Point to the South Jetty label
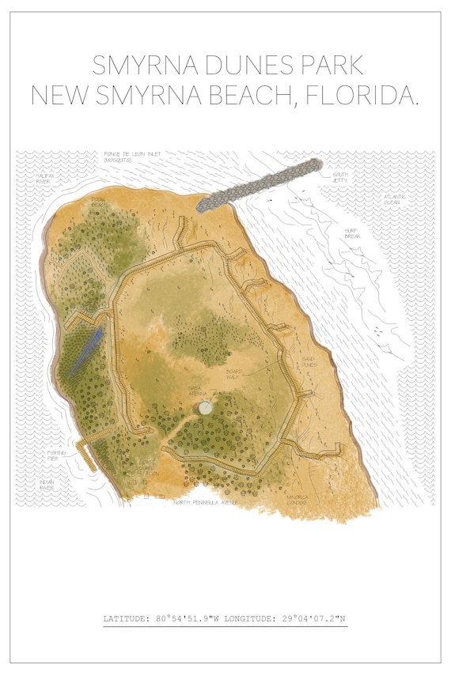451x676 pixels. click(x=339, y=177)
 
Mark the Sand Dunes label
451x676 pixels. click(x=309, y=363)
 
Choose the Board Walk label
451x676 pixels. click(x=233, y=374)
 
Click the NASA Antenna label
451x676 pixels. click(x=197, y=389)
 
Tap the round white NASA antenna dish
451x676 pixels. click(x=205, y=408)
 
